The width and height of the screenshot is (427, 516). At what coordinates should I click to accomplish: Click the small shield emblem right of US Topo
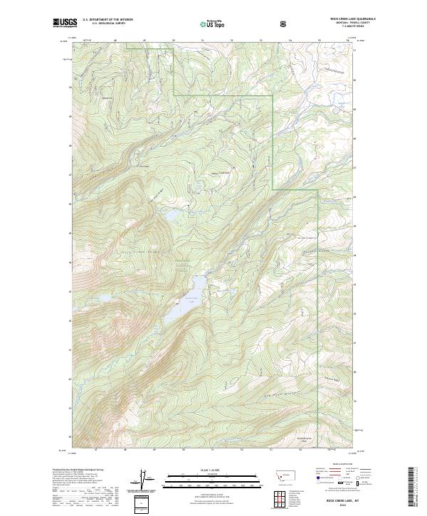[x=285, y=23]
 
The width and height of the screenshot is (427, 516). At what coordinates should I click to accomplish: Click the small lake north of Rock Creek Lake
[x=173, y=213]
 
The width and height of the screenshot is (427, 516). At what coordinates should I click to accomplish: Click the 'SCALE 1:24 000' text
[x=213, y=470]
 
